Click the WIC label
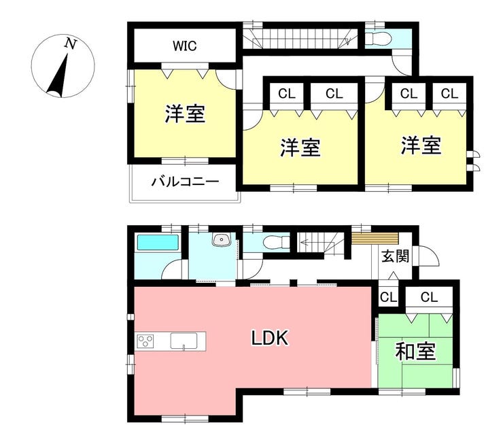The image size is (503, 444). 184,46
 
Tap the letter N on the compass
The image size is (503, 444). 71,44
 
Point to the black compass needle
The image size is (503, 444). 58,75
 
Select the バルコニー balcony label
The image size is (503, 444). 185,182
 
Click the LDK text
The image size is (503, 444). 269,338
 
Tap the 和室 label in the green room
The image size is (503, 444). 415,351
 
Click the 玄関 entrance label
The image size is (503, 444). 395,256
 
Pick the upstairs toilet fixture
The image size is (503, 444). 379,39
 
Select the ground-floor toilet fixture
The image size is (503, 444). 276,241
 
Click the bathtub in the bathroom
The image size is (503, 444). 158,242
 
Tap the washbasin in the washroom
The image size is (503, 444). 221,239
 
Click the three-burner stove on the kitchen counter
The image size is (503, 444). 145,341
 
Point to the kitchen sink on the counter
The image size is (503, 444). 184,341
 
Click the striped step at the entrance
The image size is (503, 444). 375,239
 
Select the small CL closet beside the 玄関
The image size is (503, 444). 389,297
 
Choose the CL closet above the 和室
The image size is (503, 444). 429,297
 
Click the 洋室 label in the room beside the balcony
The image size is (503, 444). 185,114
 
